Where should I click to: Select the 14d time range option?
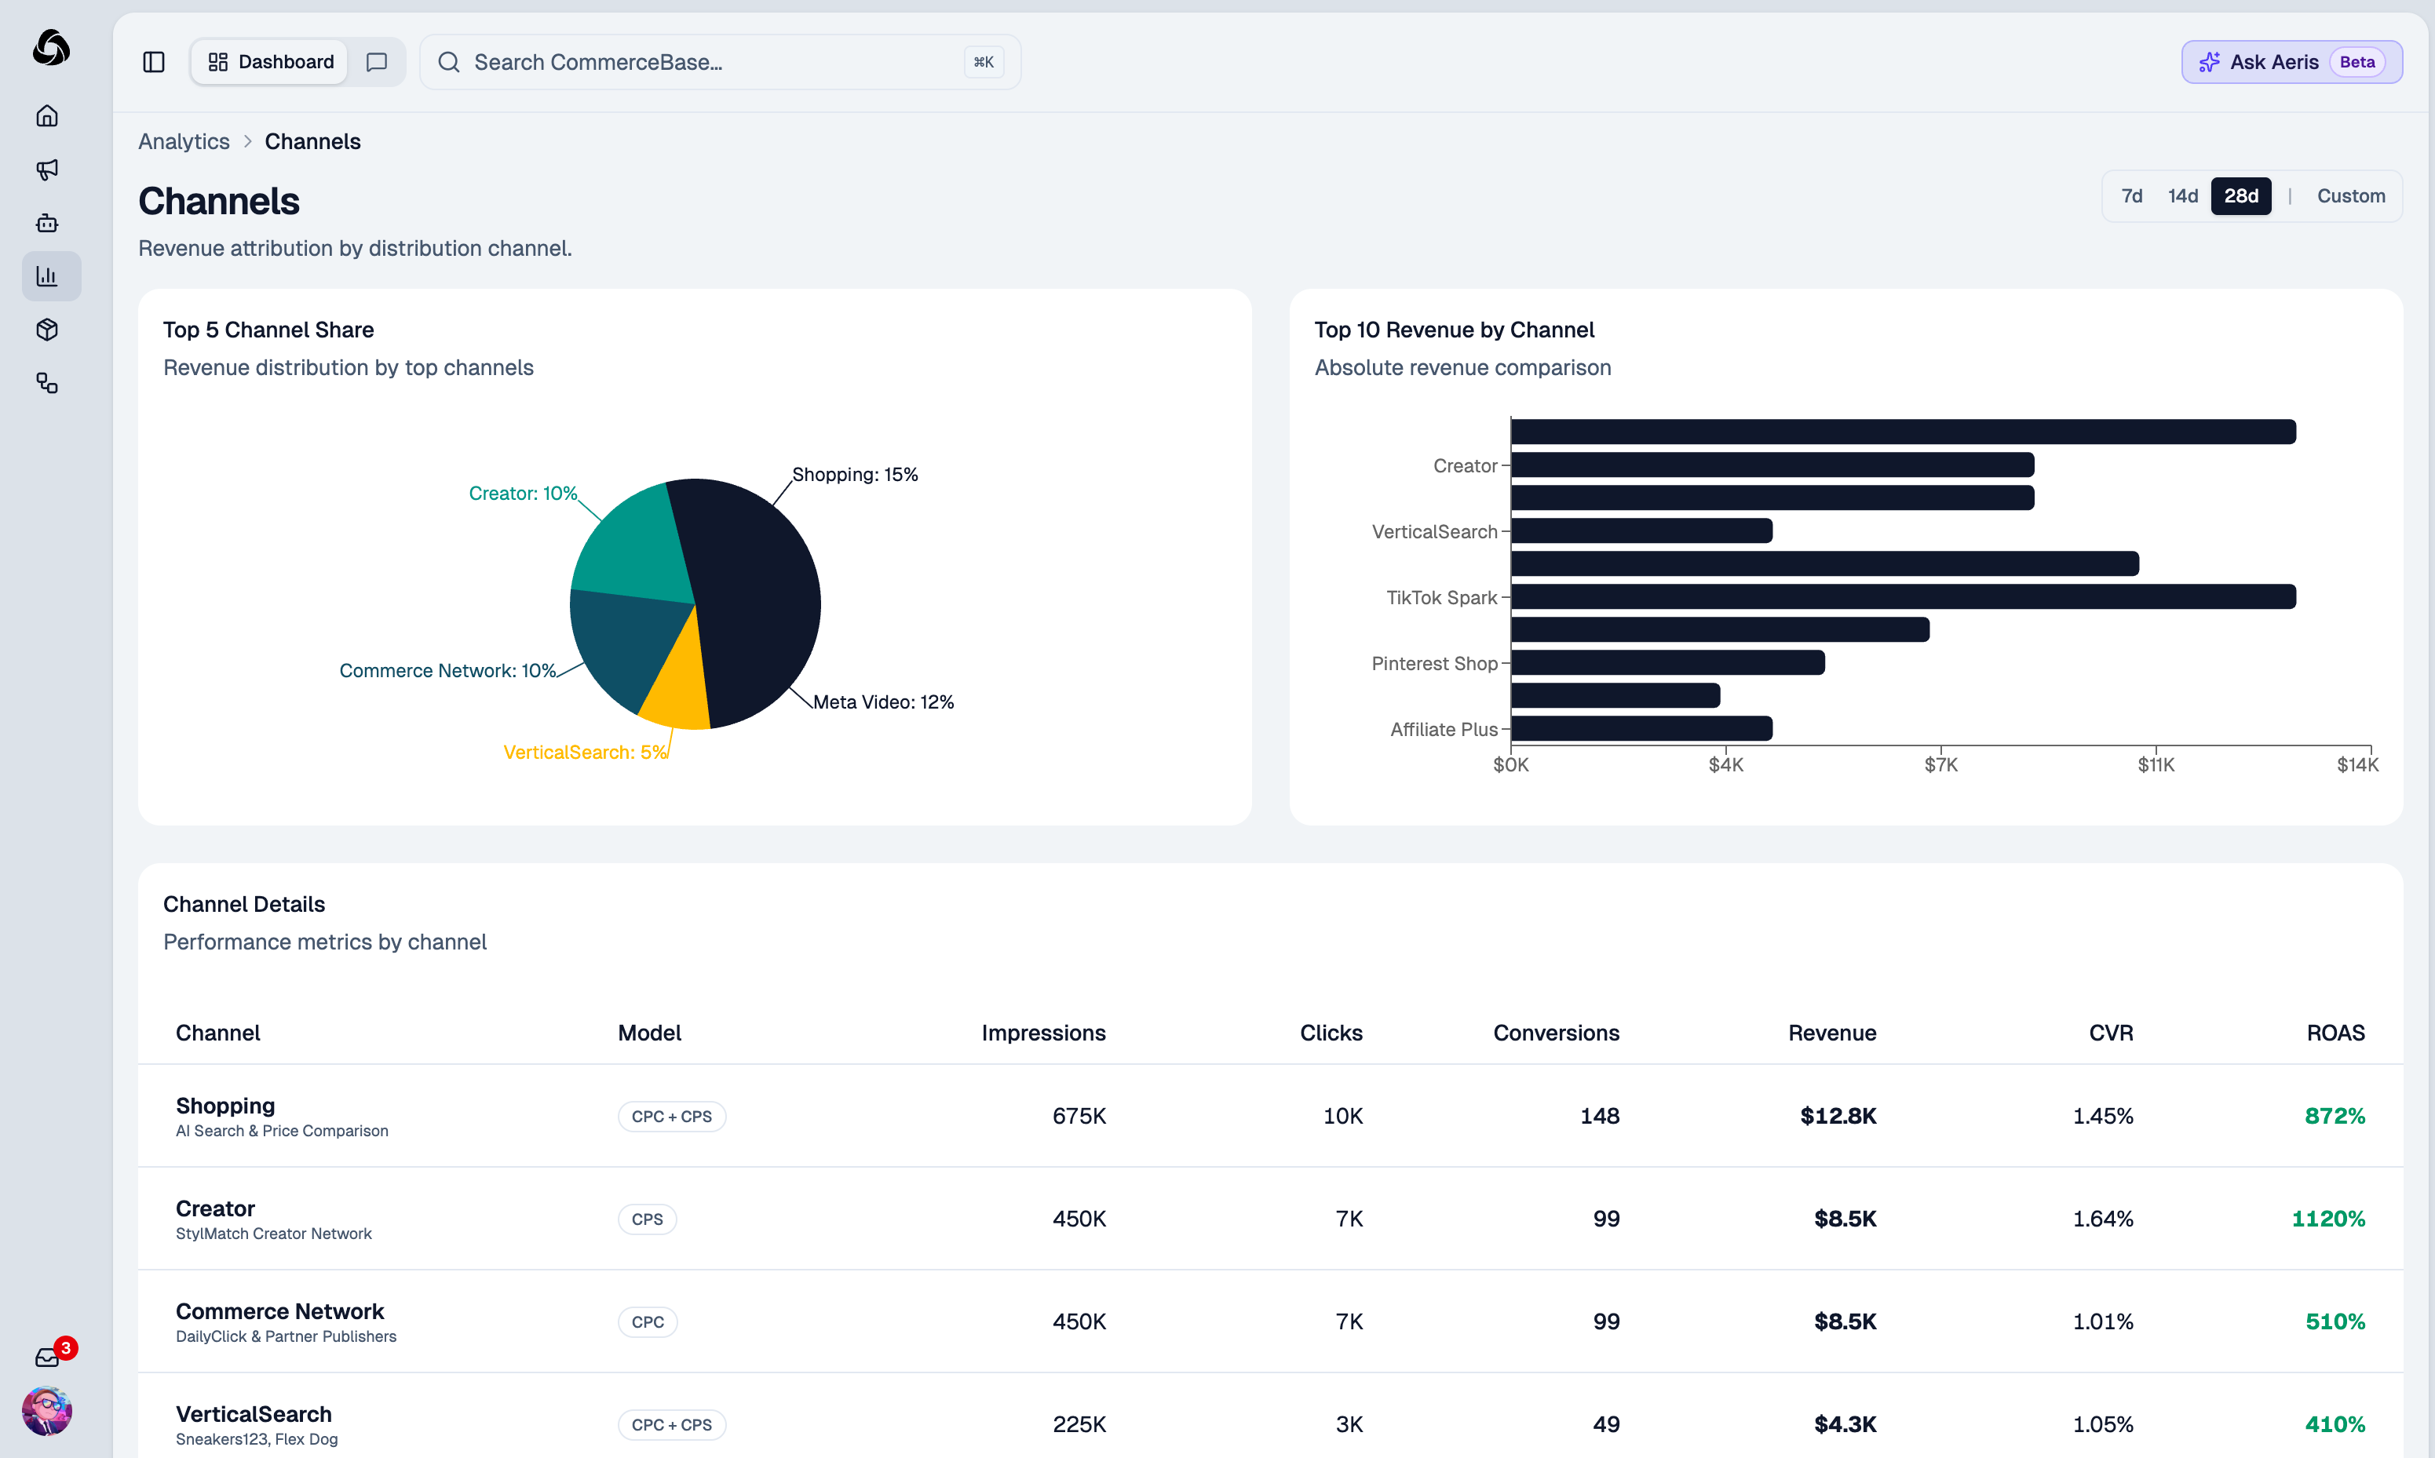click(x=2181, y=195)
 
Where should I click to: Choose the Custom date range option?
click(x=2349, y=195)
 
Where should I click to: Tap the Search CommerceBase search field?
click(x=707, y=62)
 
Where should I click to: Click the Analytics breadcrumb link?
click(x=184, y=141)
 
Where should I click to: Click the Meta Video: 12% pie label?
click(x=882, y=702)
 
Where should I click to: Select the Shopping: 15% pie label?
click(x=854, y=475)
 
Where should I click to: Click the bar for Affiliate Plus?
click(x=1641, y=728)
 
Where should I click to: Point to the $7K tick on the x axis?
click(x=1940, y=764)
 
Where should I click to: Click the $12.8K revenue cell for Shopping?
click(x=1837, y=1116)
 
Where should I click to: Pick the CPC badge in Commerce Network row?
click(x=648, y=1321)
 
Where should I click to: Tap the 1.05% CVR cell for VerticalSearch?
click(x=2102, y=1423)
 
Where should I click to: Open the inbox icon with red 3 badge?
click(x=47, y=1357)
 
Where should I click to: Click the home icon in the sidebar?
click(x=47, y=116)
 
